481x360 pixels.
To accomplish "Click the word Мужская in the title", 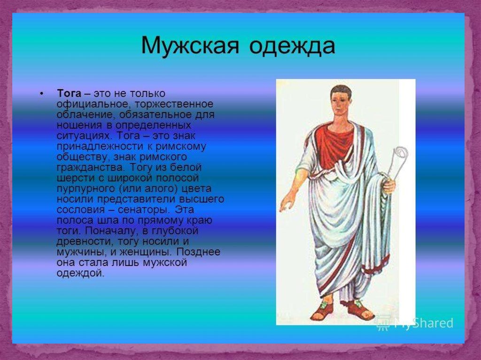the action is click(x=190, y=46).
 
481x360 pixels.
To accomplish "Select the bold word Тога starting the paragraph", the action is click(x=69, y=93).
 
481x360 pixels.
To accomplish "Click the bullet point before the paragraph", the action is click(x=42, y=93).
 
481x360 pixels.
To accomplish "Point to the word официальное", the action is click(x=92, y=104).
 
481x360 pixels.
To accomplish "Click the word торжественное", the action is click(x=174, y=104).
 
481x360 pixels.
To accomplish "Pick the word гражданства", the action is click(x=91, y=168).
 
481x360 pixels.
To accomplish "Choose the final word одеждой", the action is click(x=80, y=273).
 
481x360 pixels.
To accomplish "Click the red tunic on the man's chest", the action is click(x=334, y=144).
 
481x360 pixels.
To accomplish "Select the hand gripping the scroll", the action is click(x=389, y=185).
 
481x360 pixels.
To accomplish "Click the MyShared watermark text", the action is click(x=424, y=323).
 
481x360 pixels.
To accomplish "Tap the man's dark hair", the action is click(x=341, y=91).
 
